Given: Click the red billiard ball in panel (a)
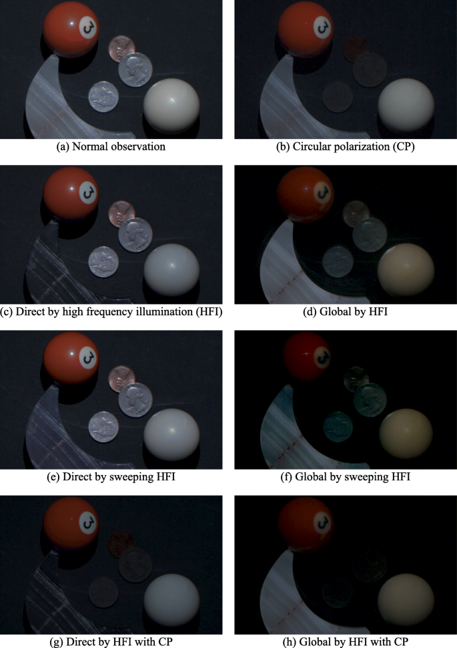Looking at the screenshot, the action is (71, 30).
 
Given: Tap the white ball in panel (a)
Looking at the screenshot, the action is (171, 106).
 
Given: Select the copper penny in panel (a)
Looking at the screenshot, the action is (121, 49).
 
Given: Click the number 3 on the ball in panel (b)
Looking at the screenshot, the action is (322, 27).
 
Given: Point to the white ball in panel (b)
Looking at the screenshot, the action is (406, 106).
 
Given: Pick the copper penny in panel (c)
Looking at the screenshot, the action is (121, 214).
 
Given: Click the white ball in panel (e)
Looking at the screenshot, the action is (171, 436).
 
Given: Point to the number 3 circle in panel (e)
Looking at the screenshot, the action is (88, 357).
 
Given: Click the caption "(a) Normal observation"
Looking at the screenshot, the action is (111, 147).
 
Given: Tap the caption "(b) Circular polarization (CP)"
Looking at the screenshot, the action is (345, 147).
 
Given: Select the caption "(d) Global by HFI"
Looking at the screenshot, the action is (345, 311).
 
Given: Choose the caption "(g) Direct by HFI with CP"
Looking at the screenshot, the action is (111, 642).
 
